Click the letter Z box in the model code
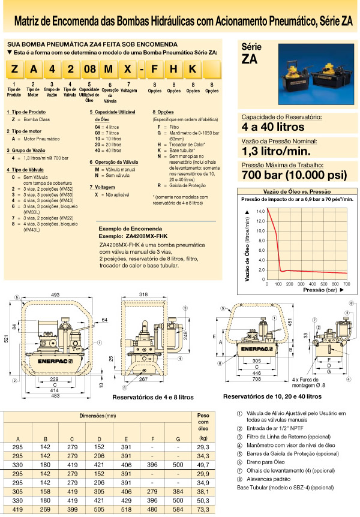click(14, 69)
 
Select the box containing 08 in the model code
click(89, 69)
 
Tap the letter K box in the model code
click(191, 69)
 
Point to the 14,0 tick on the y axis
click(260, 212)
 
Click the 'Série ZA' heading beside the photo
click(251, 53)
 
